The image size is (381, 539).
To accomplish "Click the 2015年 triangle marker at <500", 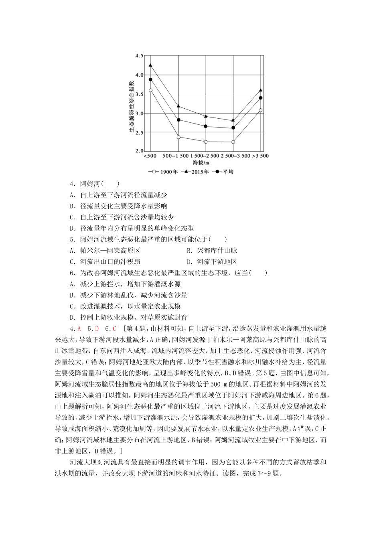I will pyautogui.click(x=150, y=65).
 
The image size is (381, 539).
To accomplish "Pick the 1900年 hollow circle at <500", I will pyautogui.click(x=150, y=90).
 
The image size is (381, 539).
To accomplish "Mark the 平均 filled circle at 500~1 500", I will pyautogui.click(x=178, y=120).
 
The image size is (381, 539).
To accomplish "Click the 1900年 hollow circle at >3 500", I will pyautogui.click(x=261, y=110).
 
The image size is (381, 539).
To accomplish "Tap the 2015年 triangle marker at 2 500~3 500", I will pyautogui.click(x=233, y=120).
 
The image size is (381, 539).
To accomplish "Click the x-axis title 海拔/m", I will pyautogui.click(x=201, y=163).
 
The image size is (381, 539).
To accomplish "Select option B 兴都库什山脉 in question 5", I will pyautogui.click(x=212, y=251).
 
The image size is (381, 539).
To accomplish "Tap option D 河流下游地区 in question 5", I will pyautogui.click(x=212, y=262).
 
